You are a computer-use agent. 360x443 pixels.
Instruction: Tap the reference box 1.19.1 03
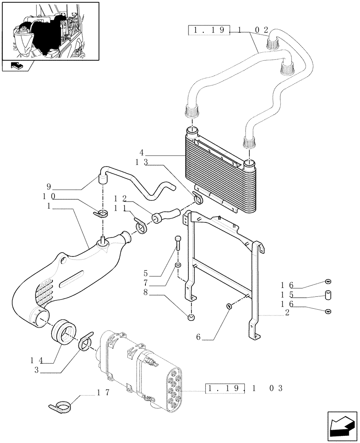tap(244, 389)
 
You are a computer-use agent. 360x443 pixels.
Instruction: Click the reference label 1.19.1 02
tap(229, 31)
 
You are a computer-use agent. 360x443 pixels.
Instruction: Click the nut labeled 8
tap(191, 316)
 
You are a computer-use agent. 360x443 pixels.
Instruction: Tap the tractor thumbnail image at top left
tap(50, 31)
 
